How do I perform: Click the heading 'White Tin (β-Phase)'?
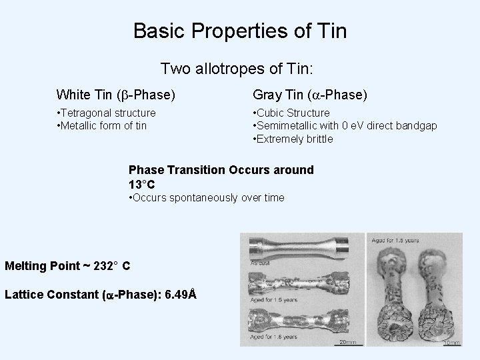click(116, 95)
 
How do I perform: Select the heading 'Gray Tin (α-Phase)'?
click(309, 95)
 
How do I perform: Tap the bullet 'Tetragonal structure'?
click(107, 113)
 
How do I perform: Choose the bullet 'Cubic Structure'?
click(291, 113)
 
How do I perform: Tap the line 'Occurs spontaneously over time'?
click(206, 197)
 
